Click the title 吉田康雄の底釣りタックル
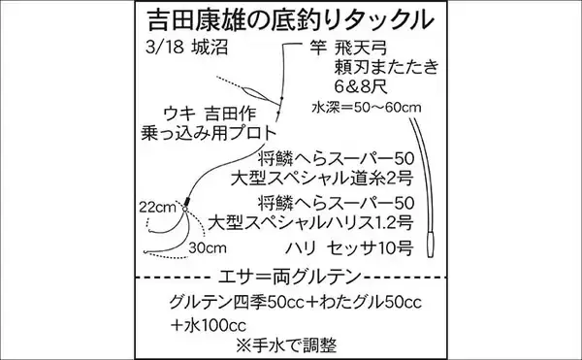(291, 19)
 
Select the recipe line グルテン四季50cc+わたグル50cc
(307, 301)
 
